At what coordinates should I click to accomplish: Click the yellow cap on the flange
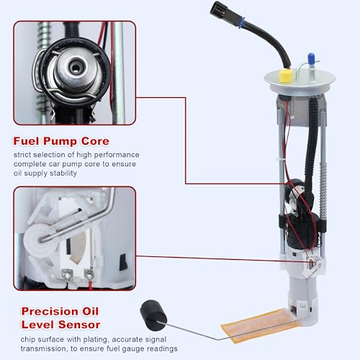pos(286,75)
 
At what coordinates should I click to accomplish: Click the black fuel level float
pos(153,312)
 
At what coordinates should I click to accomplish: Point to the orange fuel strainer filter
pos(261,325)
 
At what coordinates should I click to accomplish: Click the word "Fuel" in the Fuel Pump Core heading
pos(26,141)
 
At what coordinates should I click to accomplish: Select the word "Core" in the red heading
pos(95,141)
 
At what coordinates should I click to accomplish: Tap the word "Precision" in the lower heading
pos(50,312)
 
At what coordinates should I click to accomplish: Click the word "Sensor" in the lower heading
pos(79,325)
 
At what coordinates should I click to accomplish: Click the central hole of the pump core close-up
pos(76,68)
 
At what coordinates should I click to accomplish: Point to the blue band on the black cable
pos(241,22)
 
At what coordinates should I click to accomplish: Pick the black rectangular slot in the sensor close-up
pos(123,262)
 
